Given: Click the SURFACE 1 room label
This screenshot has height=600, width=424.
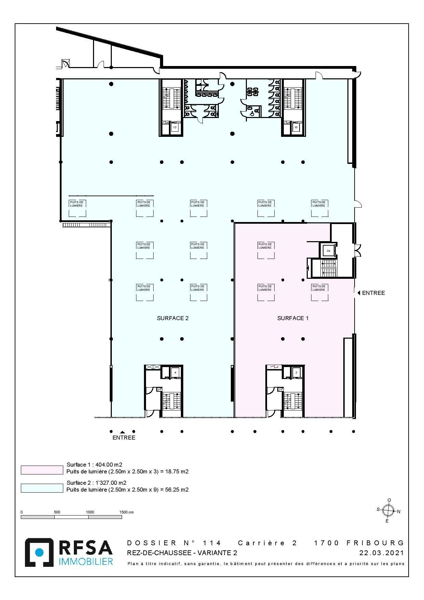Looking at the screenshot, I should pyautogui.click(x=293, y=318).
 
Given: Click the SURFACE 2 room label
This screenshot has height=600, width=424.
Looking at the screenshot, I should pyautogui.click(x=173, y=318).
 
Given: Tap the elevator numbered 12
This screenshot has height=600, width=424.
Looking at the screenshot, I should pyautogui.click(x=175, y=127).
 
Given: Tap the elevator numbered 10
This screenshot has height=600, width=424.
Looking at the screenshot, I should pyautogui.click(x=296, y=127).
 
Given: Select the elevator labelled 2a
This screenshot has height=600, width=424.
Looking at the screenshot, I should pyautogui.click(x=328, y=251).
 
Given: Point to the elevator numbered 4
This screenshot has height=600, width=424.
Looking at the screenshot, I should pyautogui.click(x=175, y=372).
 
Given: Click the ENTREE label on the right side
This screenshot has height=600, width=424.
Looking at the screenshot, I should pyautogui.click(x=373, y=293).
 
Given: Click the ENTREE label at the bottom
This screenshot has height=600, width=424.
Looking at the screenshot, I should pyautogui.click(x=124, y=438).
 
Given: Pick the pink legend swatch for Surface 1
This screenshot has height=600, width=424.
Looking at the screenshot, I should pyautogui.click(x=42, y=470).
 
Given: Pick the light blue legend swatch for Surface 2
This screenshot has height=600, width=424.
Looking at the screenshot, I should pyautogui.click(x=42, y=488).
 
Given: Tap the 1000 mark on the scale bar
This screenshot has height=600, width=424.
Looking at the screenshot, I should pyautogui.click(x=90, y=512).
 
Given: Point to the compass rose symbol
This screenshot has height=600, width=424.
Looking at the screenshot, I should pyautogui.click(x=388, y=511).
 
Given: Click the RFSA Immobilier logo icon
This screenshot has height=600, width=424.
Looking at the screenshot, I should pyautogui.click(x=39, y=552).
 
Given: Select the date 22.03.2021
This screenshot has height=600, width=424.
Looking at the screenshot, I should pyautogui.click(x=381, y=553).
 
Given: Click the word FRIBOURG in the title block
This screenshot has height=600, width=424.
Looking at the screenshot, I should pyautogui.click(x=375, y=543).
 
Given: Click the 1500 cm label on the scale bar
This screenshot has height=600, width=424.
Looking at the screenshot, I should pyautogui.click(x=126, y=512).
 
